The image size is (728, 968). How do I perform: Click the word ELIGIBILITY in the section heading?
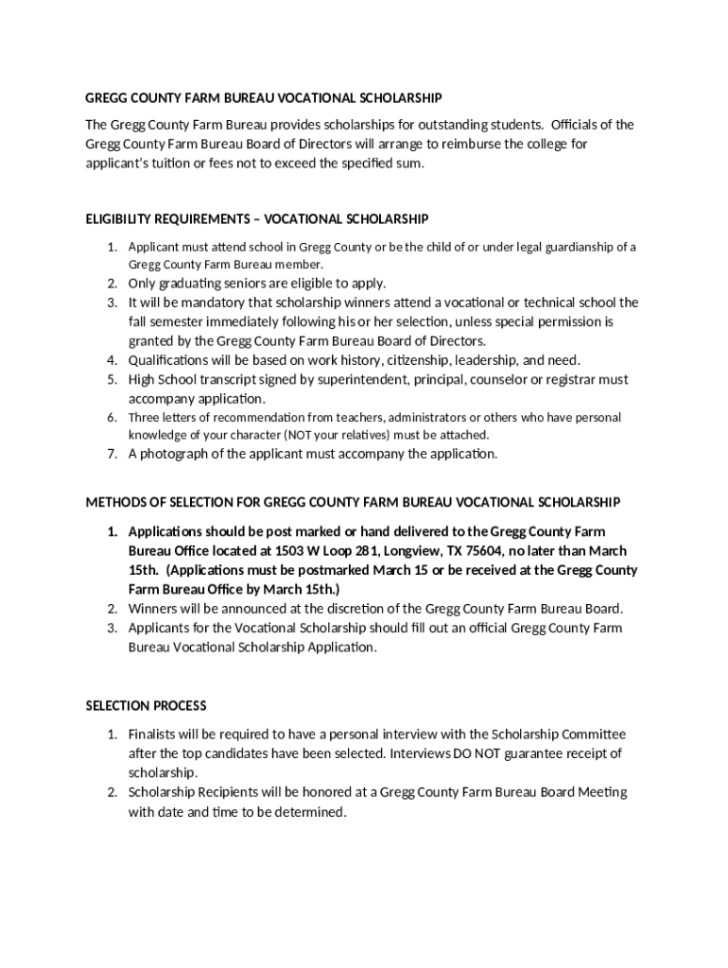[117, 219]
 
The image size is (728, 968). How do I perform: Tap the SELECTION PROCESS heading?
[146, 705]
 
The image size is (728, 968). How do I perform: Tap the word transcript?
[230, 379]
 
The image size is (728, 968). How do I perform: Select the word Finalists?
[154, 734]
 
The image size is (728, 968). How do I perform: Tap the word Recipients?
[226, 792]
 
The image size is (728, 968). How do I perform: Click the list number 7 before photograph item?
[111, 454]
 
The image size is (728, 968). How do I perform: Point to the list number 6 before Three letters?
[111, 417]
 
